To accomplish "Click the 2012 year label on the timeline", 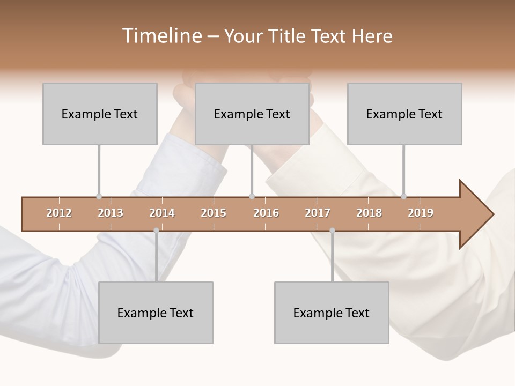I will coord(59,213).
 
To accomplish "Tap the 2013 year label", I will coord(111,213).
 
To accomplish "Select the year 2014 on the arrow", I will coord(162,213).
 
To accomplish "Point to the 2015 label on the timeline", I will coord(214,213).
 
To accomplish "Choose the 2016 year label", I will coord(266,213).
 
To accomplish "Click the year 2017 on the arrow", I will coord(318,213).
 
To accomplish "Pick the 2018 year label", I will coord(369,213).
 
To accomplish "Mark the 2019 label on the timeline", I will coord(421,213).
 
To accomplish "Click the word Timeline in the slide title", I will coord(161,36).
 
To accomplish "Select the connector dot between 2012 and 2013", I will coord(99,197).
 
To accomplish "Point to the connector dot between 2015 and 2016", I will coord(252,197).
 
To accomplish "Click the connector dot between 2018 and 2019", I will coord(404,197).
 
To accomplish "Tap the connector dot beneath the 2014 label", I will coord(156,231).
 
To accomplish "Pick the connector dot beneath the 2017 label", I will coord(332,231).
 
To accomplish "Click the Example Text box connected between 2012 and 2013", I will coord(100,114).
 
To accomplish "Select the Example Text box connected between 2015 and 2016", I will coord(252,114).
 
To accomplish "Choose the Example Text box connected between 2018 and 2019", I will coord(404,114).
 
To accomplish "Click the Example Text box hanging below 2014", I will coord(156,313).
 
